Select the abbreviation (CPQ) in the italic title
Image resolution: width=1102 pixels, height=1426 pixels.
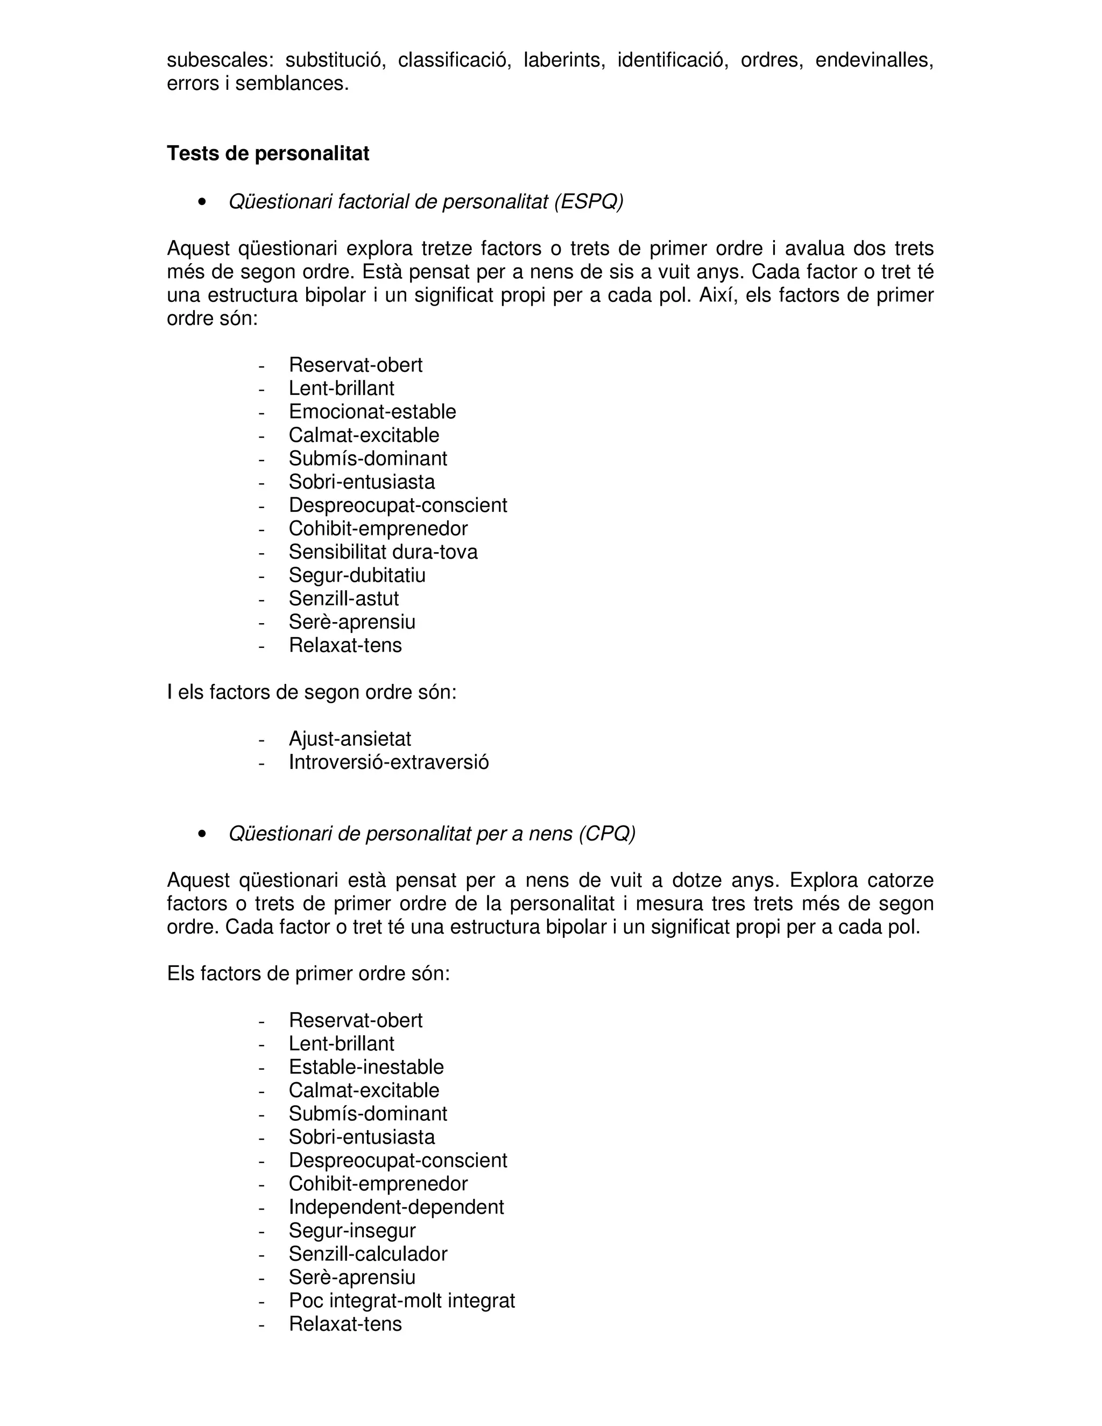tap(606, 834)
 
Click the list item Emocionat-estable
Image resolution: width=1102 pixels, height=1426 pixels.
tap(372, 411)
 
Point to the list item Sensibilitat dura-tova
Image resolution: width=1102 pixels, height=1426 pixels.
tap(383, 552)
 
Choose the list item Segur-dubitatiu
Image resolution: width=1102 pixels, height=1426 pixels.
tap(357, 575)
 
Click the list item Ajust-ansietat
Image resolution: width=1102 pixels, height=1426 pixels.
tap(350, 739)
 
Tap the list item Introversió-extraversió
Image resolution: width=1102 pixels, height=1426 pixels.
tap(388, 763)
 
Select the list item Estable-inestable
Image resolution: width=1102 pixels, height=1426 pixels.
tap(366, 1067)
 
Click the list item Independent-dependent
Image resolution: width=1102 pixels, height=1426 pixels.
tap(396, 1208)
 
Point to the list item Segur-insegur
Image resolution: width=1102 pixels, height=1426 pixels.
tap(352, 1231)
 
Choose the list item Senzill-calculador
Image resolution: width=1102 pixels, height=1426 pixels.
tap(368, 1254)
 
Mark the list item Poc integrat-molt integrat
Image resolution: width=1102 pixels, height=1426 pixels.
tap(401, 1301)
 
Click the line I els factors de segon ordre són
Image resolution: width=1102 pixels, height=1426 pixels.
tap(312, 692)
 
